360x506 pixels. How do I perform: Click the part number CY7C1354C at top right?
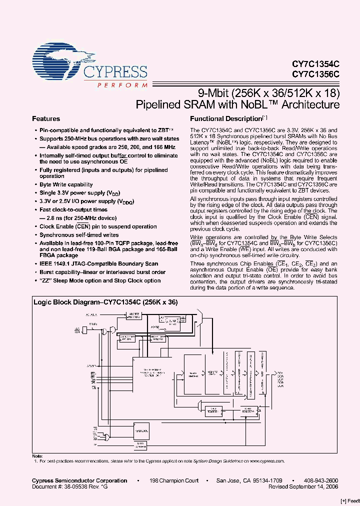pyautogui.click(x=315, y=64)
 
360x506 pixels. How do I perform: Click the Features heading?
pyautogui.click(x=46, y=119)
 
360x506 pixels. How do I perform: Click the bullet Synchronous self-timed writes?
pyautogui.click(x=79, y=234)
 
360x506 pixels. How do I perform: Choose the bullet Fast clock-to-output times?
pyautogui.click(x=73, y=210)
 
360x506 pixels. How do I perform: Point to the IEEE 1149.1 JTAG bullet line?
pyautogui.click(x=99, y=263)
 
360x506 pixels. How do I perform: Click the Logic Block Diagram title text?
pyautogui.click(x=105, y=302)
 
